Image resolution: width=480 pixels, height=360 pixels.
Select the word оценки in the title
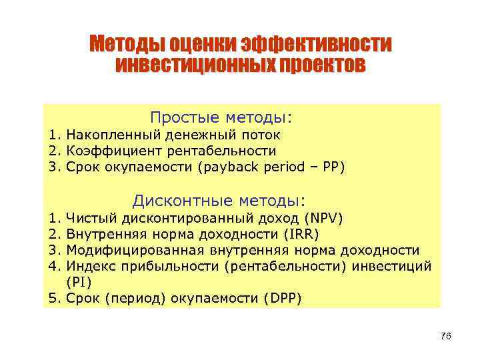[198, 45]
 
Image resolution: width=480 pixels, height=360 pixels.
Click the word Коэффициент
[110, 151]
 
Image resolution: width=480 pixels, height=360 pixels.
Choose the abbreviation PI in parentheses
[79, 282]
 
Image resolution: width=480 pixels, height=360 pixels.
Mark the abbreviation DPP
[285, 298]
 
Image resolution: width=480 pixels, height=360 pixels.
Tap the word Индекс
[90, 266]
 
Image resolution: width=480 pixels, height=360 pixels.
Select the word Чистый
[90, 218]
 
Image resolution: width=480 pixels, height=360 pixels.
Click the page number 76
[446, 337]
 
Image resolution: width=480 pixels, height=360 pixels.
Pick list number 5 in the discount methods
[53, 298]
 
